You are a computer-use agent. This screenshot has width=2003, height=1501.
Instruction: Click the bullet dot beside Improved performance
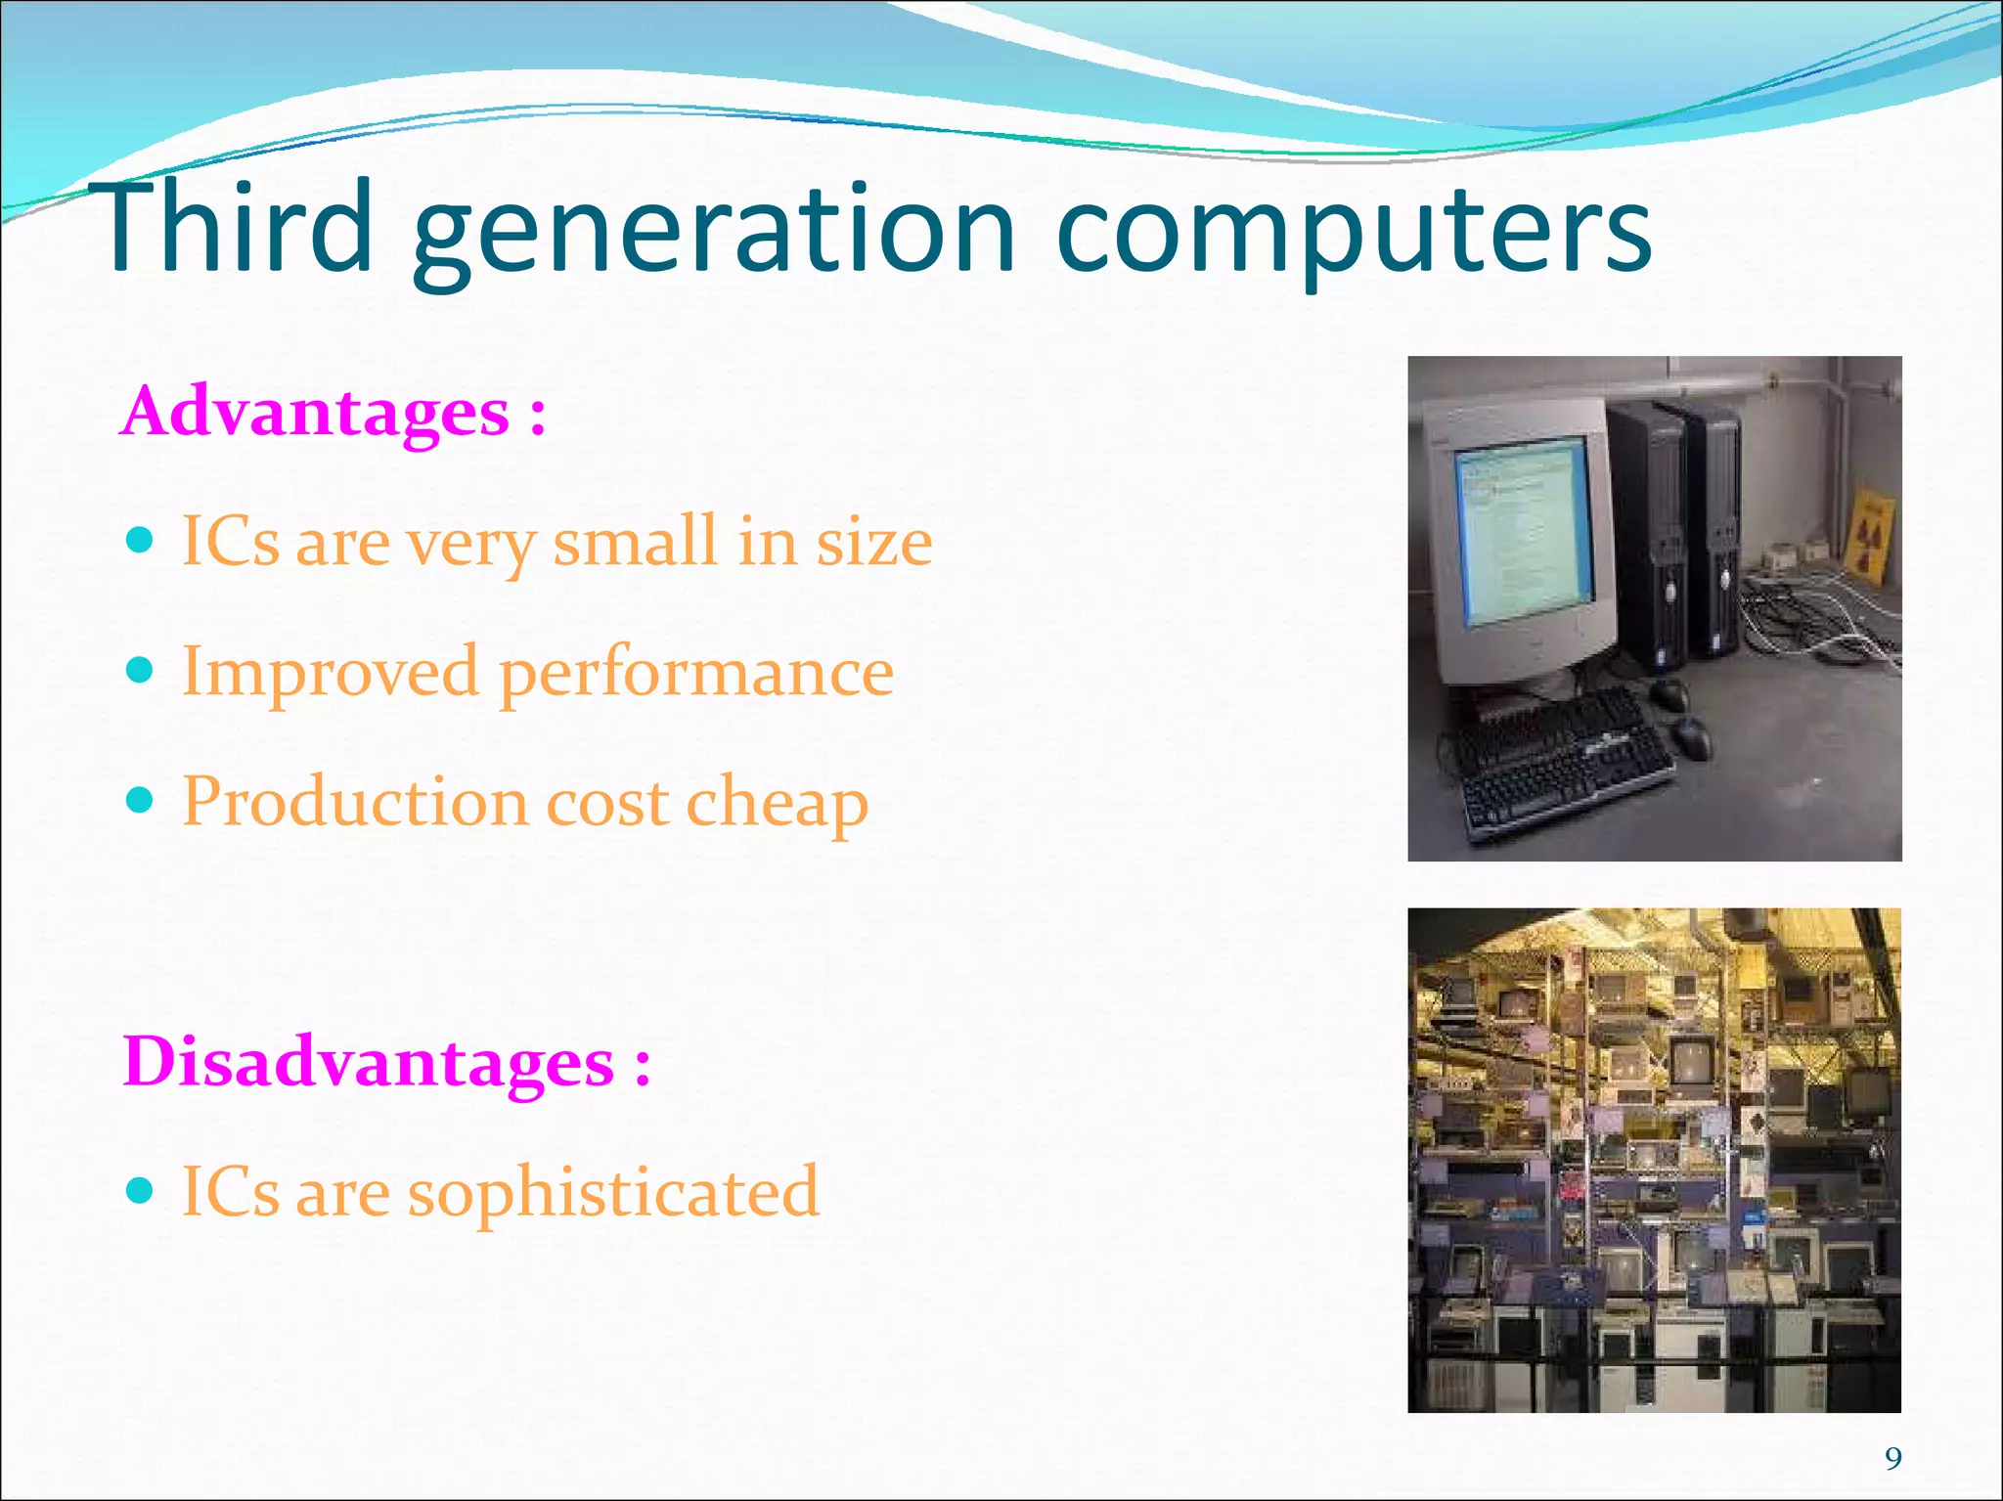141,670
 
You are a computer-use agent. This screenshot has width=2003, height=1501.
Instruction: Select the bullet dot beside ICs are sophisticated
141,1190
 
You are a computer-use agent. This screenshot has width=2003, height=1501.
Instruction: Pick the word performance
696,674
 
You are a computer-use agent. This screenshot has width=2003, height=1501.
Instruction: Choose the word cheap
777,803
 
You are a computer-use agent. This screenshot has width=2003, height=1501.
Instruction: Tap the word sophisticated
613,1193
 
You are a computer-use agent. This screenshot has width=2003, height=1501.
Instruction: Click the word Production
355,802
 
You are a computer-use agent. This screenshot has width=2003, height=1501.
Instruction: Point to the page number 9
1893,1459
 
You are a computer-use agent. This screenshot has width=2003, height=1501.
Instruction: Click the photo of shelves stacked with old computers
1654,1160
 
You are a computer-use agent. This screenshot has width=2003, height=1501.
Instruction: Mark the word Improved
331,673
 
